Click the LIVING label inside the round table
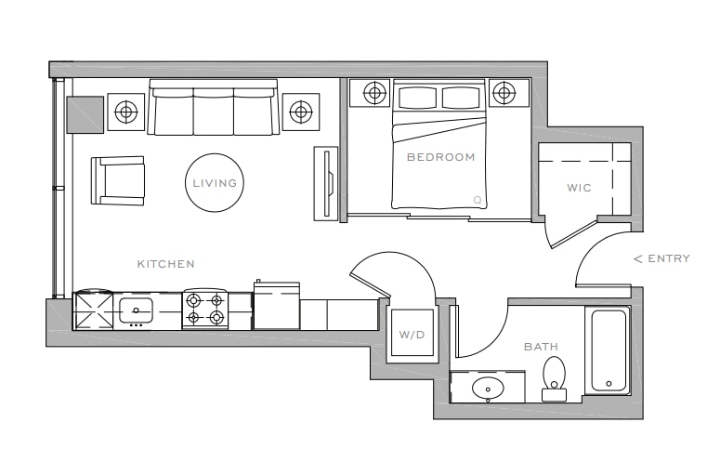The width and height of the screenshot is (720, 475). [215, 183]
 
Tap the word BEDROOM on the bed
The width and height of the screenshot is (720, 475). [440, 157]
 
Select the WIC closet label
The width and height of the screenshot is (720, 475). [579, 188]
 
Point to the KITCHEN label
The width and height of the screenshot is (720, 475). [165, 264]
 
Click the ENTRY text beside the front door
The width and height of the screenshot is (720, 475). [669, 258]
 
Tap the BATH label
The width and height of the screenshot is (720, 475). [541, 347]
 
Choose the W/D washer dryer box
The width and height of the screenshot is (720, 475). [412, 333]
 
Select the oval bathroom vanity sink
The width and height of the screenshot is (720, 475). [488, 389]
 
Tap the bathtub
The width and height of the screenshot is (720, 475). [609, 350]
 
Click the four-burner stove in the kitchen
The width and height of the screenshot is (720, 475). [205, 310]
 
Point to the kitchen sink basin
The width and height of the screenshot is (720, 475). [136, 311]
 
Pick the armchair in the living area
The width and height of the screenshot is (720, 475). [118, 180]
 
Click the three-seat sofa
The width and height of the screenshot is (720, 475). [213, 108]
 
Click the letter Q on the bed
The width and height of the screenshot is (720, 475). [478, 200]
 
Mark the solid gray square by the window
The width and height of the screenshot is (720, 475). [85, 115]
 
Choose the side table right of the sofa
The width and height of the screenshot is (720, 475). [301, 112]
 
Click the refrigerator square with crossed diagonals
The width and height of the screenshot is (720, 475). [94, 310]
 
